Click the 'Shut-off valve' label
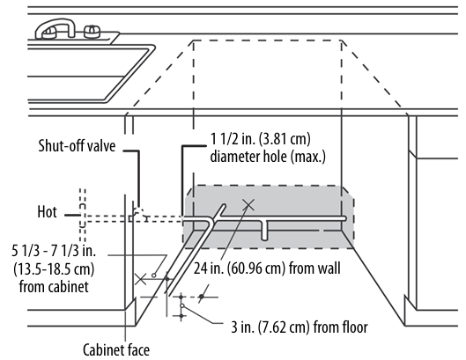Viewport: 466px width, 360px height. click(77, 146)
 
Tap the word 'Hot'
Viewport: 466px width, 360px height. click(47, 212)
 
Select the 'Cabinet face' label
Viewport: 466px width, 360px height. click(116, 349)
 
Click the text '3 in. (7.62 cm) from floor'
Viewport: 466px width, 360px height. click(300, 327)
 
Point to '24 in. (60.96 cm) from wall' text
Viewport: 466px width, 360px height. click(267, 268)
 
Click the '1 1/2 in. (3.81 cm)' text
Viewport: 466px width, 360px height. click(261, 139)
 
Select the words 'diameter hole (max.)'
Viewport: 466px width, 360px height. click(268, 157)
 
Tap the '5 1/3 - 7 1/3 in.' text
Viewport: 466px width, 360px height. click(54, 251)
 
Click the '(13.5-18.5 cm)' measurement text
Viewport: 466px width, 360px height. click(54, 269)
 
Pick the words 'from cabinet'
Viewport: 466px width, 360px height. click(54, 287)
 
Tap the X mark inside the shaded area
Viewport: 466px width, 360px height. click(248, 205)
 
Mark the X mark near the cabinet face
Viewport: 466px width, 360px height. click(140, 279)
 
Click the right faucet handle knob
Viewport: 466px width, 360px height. click(92, 32)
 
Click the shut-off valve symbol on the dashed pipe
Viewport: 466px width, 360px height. click(137, 215)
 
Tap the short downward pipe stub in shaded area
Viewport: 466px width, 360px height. click(264, 231)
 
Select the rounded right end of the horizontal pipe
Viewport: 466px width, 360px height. click(344, 218)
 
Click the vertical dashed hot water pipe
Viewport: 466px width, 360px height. click(83, 216)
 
